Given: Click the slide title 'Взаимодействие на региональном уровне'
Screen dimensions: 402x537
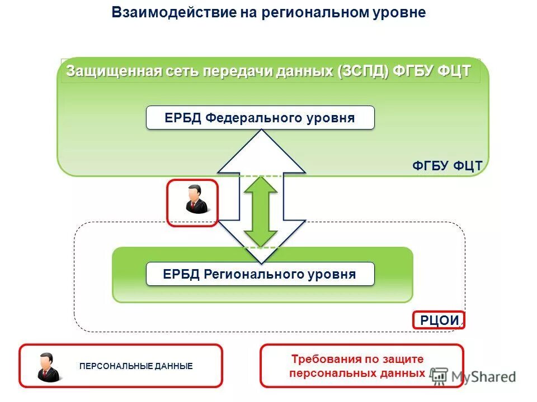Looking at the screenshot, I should (x=268, y=13).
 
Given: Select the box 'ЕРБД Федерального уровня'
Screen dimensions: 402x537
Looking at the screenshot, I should (x=260, y=118).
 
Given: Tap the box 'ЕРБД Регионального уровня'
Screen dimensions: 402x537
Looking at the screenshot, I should (x=260, y=274).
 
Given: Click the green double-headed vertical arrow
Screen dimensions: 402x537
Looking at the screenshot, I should (x=261, y=211).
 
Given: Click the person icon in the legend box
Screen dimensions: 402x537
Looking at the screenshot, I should (x=46, y=366).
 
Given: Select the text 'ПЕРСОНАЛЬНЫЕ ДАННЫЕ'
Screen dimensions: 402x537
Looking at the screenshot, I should (x=136, y=366).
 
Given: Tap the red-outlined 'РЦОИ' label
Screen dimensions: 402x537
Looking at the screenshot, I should (x=439, y=320).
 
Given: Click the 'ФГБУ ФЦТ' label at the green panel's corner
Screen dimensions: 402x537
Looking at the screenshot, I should (x=447, y=166).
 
